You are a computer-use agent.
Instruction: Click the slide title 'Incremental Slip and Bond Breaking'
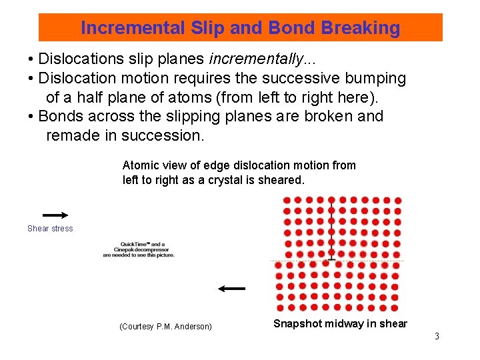click(240, 28)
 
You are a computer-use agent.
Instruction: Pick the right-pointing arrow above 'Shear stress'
click(55, 215)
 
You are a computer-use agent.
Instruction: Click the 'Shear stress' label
click(50, 229)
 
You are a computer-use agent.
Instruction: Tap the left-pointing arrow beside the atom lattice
click(231, 289)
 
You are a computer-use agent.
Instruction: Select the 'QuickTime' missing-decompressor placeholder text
click(139, 249)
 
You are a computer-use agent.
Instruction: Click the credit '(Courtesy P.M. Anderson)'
click(165, 327)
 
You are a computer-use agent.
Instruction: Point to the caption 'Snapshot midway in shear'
click(340, 324)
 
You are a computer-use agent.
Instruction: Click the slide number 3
click(437, 336)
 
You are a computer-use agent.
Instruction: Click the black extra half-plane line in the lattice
click(331, 227)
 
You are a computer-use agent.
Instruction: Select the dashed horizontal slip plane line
click(373, 261)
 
